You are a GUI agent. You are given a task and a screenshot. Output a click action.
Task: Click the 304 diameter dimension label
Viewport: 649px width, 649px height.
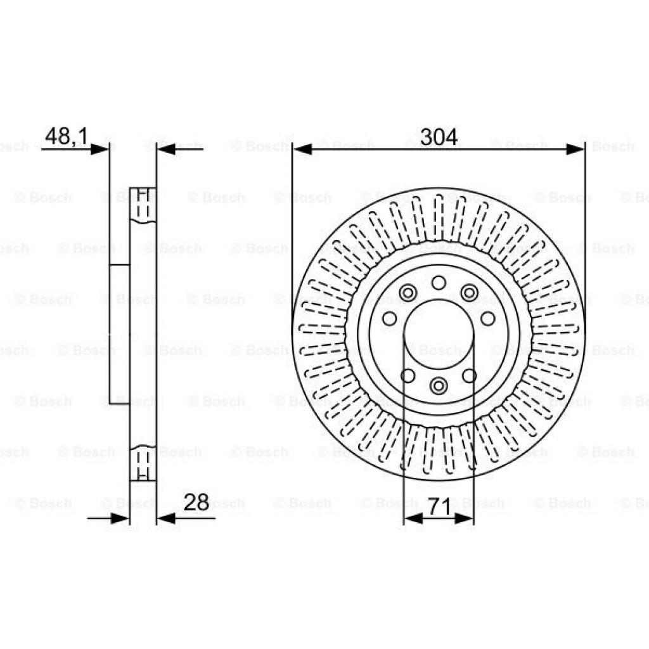439,136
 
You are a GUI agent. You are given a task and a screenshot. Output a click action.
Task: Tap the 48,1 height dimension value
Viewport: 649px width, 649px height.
66,136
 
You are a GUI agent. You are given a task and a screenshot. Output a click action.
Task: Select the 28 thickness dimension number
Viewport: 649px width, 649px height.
196,503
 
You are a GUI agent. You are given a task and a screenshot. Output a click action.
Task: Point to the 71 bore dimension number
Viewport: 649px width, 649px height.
439,507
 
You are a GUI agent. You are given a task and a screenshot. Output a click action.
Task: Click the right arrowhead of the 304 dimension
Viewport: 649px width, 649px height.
575,150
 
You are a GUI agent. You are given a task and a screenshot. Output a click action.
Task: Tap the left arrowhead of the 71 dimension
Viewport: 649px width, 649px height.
413,518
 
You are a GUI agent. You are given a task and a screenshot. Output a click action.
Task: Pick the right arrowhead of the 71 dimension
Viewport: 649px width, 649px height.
463,518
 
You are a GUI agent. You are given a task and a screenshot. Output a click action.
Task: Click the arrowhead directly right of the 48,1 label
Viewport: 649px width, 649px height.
100,150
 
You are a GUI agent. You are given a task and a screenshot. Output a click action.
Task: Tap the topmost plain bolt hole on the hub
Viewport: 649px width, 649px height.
438,283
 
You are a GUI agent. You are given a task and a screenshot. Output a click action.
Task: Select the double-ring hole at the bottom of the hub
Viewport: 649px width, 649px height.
438,385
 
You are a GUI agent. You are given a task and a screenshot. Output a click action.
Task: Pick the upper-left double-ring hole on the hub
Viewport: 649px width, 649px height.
408,293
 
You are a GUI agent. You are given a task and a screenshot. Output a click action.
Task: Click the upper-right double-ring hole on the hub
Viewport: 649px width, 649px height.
469,293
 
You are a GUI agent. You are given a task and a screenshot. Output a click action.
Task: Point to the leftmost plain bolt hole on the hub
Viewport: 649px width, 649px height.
390,318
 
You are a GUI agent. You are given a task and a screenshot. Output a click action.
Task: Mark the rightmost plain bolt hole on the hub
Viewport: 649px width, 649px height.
487,318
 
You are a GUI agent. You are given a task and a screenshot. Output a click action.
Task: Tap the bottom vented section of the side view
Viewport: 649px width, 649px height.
143,463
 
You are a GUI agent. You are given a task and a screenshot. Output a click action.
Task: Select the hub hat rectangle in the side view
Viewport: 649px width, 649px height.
119,334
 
